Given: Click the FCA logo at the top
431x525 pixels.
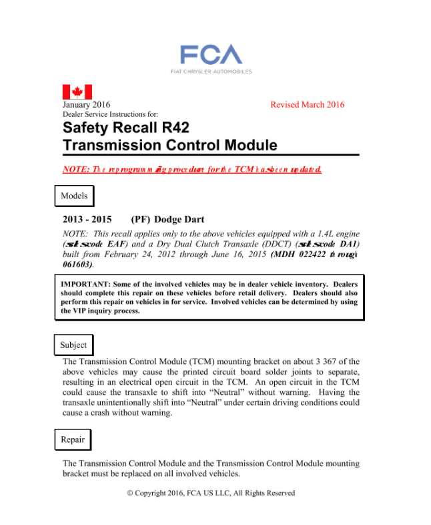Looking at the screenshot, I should click(211, 54).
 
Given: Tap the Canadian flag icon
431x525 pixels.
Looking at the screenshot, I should click(77, 92).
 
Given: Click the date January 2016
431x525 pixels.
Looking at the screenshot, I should click(86, 105).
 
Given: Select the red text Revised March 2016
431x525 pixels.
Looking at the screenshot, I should click(308, 105).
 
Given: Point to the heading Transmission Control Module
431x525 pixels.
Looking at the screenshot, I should click(169, 145).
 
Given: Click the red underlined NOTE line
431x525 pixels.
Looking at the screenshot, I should click(192, 169).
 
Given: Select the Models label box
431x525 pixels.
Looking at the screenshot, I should click(74, 196).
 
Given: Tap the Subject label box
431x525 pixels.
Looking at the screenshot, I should click(73, 345).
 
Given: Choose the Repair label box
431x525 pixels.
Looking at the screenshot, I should click(73, 440).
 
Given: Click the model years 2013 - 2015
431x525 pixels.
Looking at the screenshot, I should click(87, 219).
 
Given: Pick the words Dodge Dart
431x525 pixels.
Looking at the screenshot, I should click(179, 219).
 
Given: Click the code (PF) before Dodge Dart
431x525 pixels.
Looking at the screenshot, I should click(141, 219).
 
